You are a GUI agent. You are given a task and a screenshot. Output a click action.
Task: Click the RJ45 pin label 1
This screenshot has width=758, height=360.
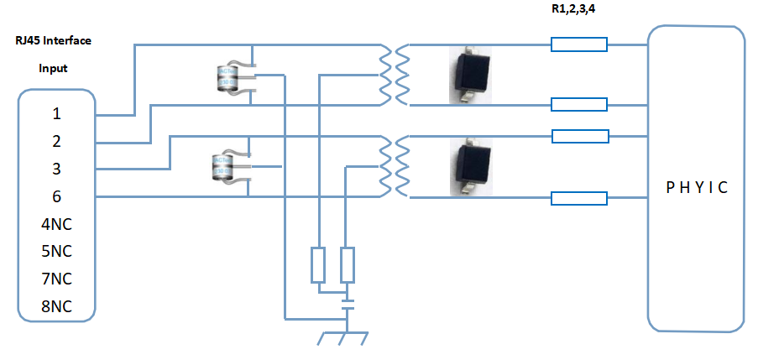(56, 113)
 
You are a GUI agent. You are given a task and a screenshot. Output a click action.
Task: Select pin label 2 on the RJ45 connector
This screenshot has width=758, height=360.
(56, 141)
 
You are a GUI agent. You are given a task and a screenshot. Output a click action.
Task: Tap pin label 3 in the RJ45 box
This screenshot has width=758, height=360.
(56, 169)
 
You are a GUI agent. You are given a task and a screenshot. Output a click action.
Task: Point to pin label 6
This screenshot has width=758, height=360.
(56, 196)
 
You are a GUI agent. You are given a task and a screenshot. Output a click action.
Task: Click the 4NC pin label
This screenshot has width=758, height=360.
(56, 224)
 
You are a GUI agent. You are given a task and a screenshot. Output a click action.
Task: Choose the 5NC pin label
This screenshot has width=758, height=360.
(56, 252)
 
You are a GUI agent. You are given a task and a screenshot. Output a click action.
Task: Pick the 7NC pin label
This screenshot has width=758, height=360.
(56, 279)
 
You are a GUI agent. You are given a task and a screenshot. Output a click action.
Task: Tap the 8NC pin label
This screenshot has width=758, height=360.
(56, 307)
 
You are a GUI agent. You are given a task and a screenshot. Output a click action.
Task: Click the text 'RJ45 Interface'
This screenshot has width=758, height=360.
(53, 40)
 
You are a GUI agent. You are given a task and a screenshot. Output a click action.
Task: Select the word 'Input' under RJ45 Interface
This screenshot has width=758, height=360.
(53, 68)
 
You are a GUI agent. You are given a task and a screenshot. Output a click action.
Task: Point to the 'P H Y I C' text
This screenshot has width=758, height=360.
(695, 187)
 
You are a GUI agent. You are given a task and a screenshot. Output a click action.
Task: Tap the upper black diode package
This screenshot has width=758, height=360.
(470, 76)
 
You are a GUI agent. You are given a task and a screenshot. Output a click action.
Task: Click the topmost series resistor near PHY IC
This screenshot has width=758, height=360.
(579, 44)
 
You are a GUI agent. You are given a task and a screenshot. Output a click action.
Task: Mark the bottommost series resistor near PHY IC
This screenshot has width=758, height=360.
(579, 198)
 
